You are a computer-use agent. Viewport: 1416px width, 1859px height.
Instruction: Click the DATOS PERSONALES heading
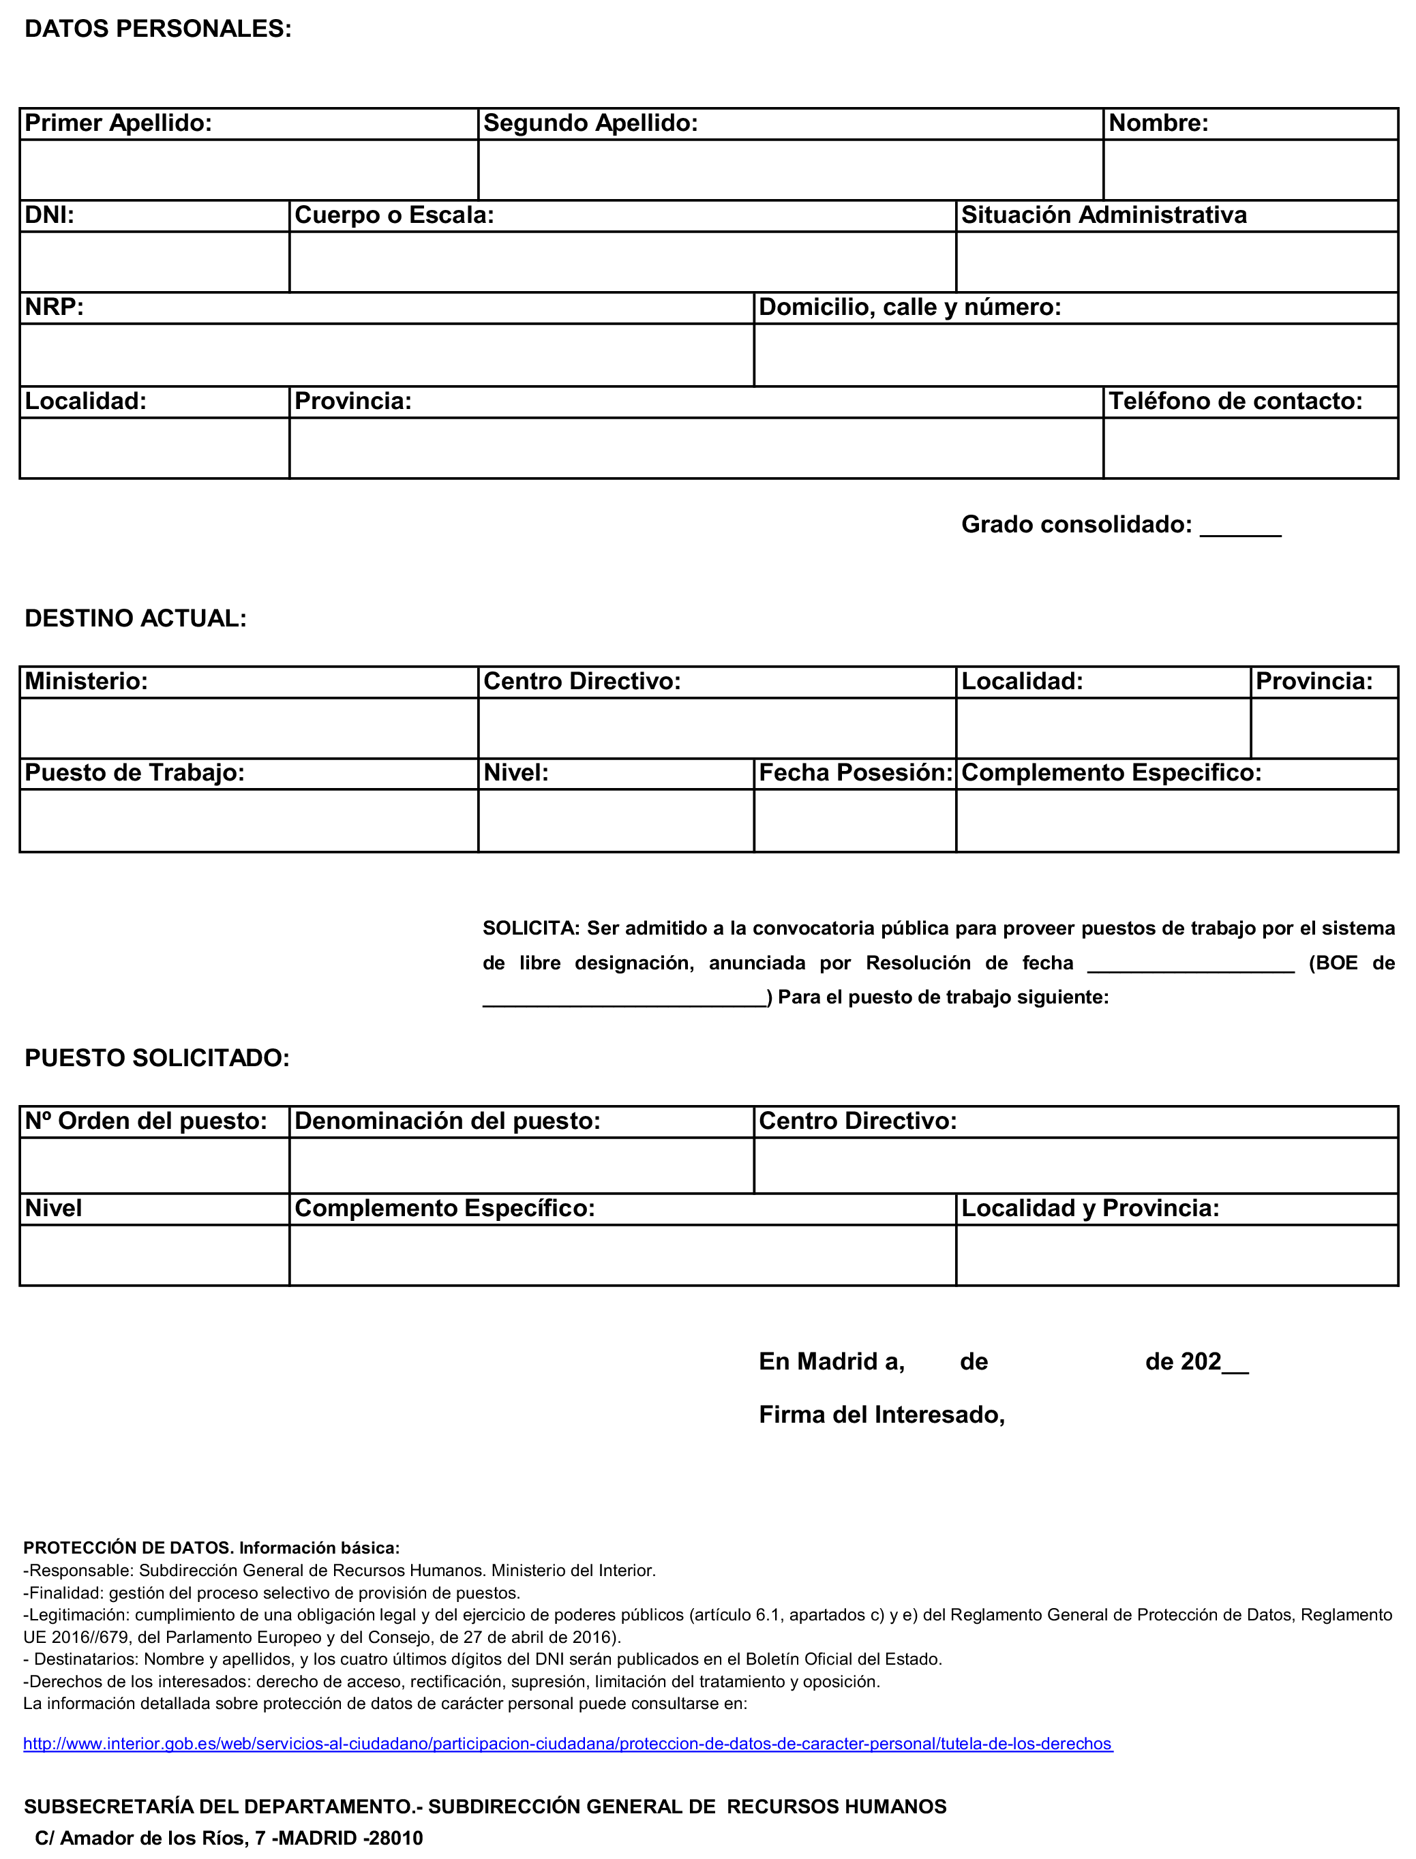(x=157, y=29)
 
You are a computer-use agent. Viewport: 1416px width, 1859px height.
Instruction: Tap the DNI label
(x=50, y=215)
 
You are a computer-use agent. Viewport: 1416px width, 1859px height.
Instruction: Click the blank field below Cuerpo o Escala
(x=622, y=262)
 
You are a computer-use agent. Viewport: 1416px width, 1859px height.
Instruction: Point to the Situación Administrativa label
(x=1103, y=215)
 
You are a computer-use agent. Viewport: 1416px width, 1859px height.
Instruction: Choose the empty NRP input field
(x=386, y=354)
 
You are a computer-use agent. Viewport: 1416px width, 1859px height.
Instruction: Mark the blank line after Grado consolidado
(x=1240, y=528)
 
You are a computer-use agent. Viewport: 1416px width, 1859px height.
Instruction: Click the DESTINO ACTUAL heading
(x=136, y=618)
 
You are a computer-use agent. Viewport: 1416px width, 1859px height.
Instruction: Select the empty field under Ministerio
(x=249, y=728)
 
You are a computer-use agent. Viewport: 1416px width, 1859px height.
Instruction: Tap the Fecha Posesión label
(x=855, y=773)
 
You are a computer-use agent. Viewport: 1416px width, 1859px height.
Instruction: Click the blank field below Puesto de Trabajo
(x=249, y=820)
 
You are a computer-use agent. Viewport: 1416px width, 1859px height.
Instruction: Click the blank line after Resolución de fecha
(x=1190, y=965)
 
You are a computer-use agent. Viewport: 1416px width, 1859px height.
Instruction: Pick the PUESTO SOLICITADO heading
(x=157, y=1059)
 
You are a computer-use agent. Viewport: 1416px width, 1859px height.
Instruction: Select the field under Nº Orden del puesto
(x=154, y=1166)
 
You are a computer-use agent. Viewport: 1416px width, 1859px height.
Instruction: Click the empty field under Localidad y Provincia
(x=1177, y=1255)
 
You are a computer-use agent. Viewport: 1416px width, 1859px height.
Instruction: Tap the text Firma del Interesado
(x=882, y=1415)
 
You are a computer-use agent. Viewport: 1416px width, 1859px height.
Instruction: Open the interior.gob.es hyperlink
(x=567, y=1744)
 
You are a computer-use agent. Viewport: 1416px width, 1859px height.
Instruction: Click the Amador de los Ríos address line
(x=228, y=1838)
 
